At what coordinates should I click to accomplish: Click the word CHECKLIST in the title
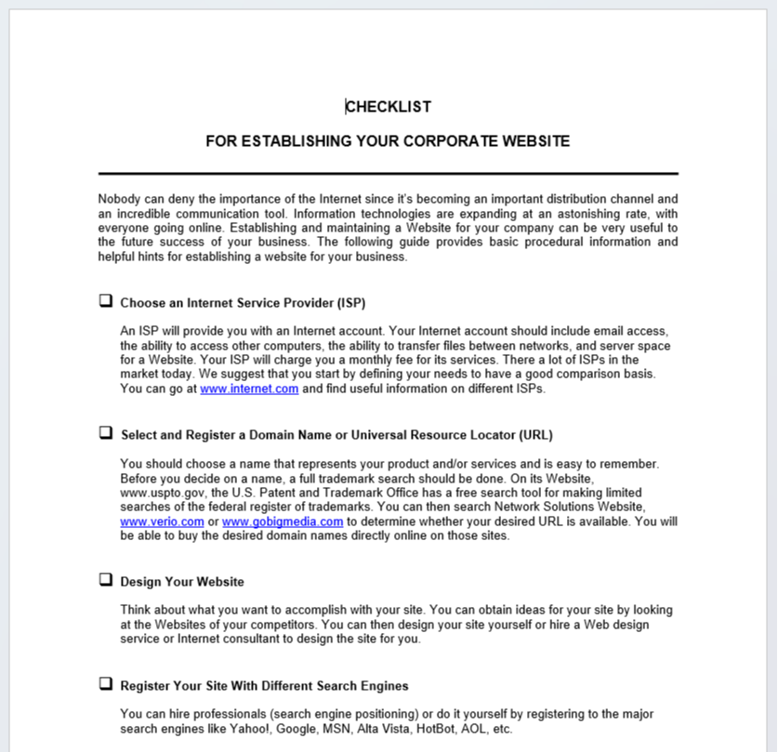click(389, 107)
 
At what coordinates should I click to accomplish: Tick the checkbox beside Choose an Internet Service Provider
click(106, 301)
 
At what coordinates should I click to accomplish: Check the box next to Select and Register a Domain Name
click(106, 433)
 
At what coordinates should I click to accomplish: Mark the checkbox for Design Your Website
click(106, 580)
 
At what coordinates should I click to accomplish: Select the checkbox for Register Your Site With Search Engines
click(106, 684)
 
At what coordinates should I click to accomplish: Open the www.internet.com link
click(249, 389)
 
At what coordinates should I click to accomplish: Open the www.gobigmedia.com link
click(283, 522)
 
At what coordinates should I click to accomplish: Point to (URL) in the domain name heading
click(536, 435)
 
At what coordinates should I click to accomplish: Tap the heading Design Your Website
click(182, 582)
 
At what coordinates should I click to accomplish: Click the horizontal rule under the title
click(389, 174)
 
